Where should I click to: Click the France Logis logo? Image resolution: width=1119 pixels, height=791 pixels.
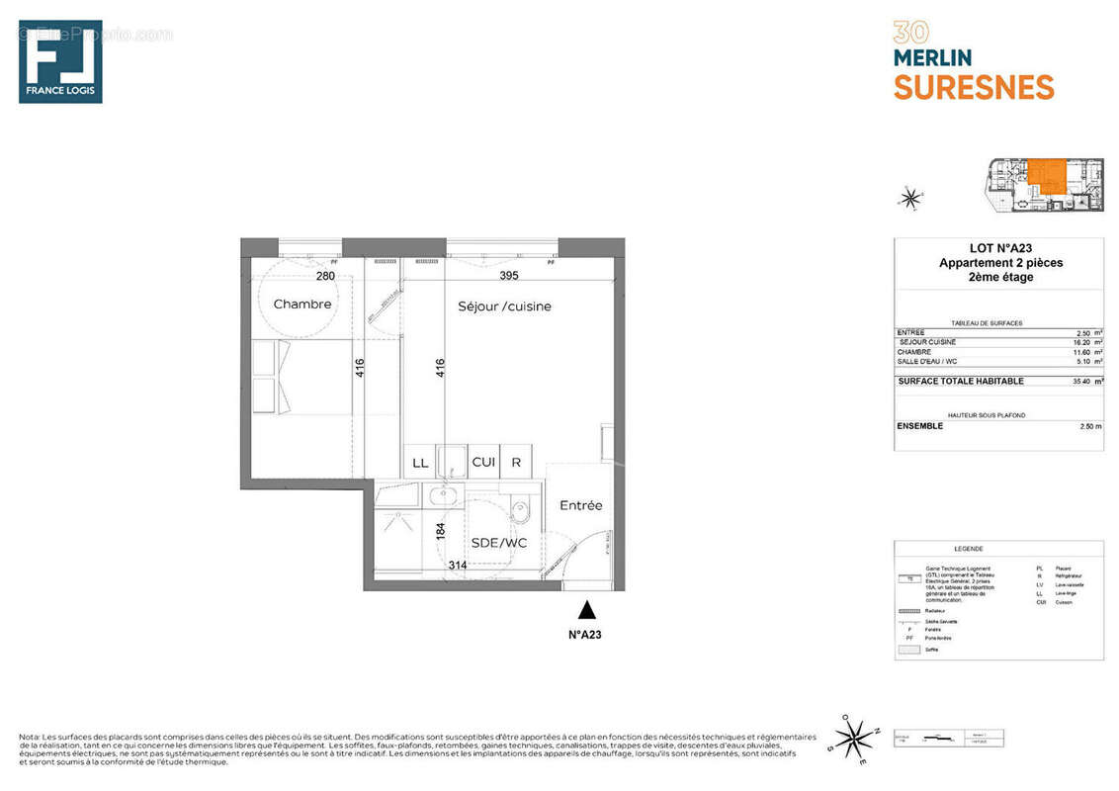coord(60,61)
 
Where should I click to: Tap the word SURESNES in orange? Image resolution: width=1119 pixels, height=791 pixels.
coord(974,87)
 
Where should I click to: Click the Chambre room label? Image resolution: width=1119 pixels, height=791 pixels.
coord(302,304)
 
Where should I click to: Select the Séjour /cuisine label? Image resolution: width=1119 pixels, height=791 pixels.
coord(504,307)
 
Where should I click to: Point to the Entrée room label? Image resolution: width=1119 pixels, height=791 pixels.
coord(580,505)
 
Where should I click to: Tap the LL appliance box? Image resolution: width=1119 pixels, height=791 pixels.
coord(419,462)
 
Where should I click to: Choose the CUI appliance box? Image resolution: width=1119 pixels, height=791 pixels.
coord(483,462)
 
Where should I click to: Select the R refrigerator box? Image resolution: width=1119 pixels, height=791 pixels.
coord(516,462)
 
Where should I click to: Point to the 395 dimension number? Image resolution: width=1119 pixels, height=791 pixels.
coord(509,276)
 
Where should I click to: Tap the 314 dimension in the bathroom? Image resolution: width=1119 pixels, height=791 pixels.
coord(458,565)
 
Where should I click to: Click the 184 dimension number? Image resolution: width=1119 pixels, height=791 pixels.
coord(441,530)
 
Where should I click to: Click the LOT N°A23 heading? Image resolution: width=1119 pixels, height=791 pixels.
coord(1000,249)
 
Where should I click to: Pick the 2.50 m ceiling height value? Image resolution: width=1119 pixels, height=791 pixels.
coord(1090,426)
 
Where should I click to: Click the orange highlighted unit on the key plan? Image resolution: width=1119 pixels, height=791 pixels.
coord(1047,176)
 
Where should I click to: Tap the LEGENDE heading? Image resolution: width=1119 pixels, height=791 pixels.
coord(968,549)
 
